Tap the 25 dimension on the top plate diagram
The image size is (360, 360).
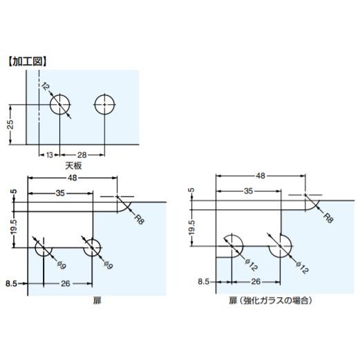[x=10, y=124]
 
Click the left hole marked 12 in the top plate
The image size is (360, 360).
[x=60, y=104]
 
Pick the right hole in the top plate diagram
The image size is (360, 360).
[x=104, y=104]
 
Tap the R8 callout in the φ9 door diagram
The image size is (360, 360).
[x=138, y=219]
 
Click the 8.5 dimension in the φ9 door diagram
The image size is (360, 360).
[x=12, y=283]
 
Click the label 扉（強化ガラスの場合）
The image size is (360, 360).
[x=269, y=301]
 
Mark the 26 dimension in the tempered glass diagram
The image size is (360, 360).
[x=256, y=282]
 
